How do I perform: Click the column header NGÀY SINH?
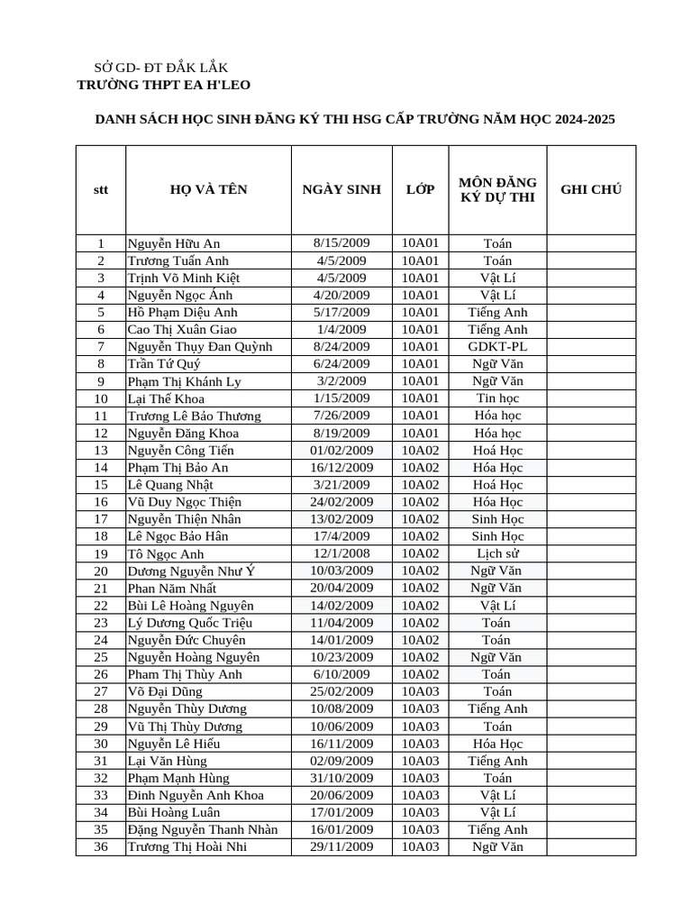click(341, 189)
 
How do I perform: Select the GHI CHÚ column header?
click(590, 189)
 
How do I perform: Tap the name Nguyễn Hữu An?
click(174, 243)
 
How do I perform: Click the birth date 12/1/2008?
click(341, 553)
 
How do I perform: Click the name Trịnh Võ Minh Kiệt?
click(184, 278)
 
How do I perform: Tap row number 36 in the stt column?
click(101, 846)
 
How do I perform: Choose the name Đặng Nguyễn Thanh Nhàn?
click(203, 829)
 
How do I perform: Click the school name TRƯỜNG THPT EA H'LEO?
click(164, 85)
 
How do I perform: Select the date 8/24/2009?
click(341, 346)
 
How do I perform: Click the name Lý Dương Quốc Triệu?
click(190, 623)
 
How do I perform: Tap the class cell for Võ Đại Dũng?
click(420, 691)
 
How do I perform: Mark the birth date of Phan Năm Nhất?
click(341, 588)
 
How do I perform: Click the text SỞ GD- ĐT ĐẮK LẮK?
click(161, 68)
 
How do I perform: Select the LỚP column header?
click(420, 189)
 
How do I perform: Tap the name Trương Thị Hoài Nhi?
click(187, 846)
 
